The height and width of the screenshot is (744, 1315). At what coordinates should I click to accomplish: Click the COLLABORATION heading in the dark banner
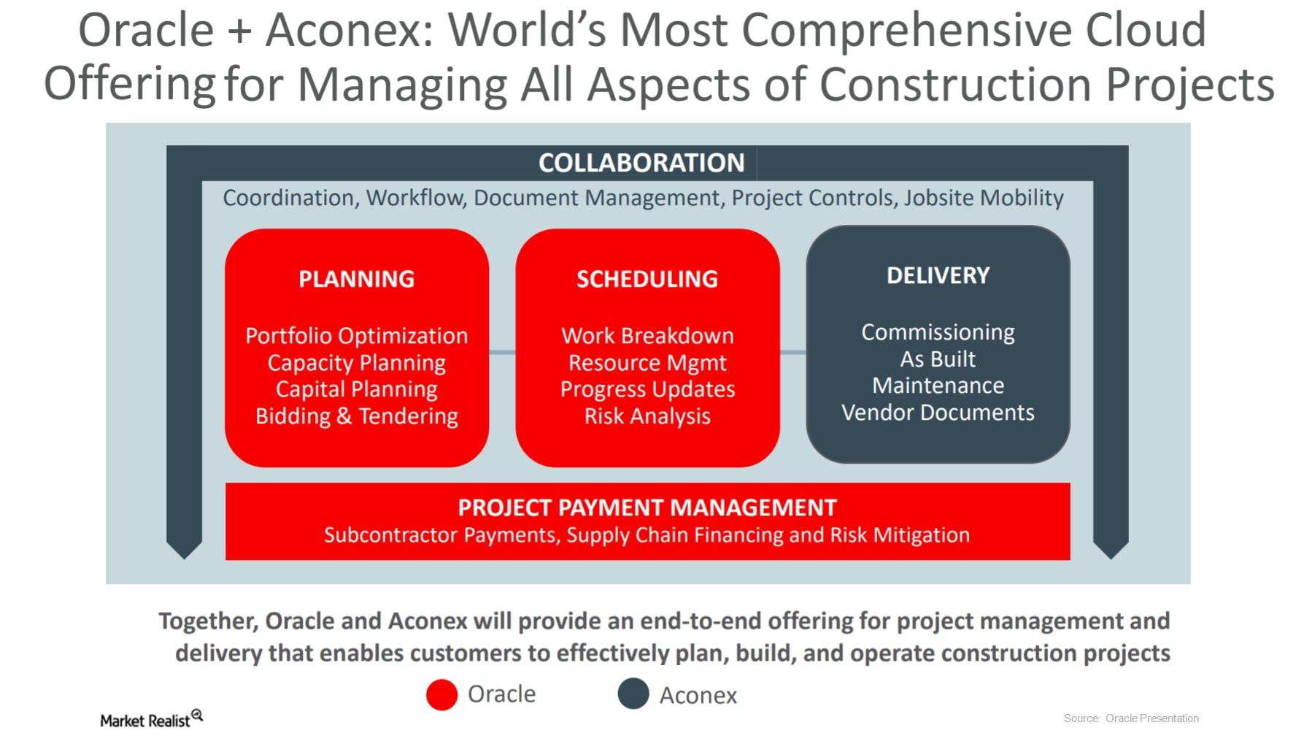tap(641, 163)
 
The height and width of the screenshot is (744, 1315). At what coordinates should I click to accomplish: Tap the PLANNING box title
tap(356, 279)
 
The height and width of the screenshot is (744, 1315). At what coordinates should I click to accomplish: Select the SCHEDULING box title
tap(647, 279)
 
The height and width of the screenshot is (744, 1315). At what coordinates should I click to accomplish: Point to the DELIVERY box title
tap(938, 275)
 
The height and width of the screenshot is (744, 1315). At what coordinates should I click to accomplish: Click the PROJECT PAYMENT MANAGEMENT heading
tap(647, 507)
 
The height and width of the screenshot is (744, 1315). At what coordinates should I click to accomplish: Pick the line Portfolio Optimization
tap(356, 336)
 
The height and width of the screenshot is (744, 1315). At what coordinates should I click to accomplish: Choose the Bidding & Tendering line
tap(356, 416)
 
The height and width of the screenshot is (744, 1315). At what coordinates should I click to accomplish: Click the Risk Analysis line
tap(647, 416)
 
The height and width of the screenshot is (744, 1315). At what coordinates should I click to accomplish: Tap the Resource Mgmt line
tap(647, 363)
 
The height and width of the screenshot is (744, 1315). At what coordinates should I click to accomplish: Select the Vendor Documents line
tap(938, 413)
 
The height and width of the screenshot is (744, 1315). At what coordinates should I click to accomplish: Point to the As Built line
tap(938, 359)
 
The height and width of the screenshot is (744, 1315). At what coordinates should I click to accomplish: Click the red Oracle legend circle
tap(441, 694)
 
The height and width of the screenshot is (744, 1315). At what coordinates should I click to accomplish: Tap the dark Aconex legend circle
tap(633, 694)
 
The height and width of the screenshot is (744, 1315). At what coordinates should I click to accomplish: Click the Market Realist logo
tap(151, 719)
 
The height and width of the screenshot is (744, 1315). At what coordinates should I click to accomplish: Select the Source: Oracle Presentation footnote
tap(1131, 718)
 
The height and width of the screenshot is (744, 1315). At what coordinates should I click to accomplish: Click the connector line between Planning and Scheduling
tap(502, 353)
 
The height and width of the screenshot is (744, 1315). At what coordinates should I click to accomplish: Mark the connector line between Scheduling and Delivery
tap(793, 353)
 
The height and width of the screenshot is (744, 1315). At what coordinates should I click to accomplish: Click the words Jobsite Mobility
tap(984, 198)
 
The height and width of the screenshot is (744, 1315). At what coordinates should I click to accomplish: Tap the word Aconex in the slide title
tap(344, 31)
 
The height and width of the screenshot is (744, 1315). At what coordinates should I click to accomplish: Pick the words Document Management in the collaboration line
tap(596, 199)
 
